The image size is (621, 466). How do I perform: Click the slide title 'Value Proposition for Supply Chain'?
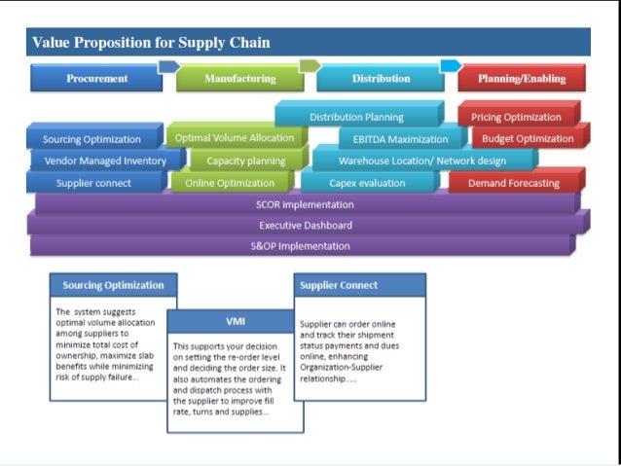(x=151, y=43)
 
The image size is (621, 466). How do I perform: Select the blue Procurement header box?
(x=96, y=79)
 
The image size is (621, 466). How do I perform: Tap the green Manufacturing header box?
(x=239, y=79)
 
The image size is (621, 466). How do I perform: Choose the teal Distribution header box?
(x=381, y=79)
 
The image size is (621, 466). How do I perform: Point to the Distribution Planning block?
(x=356, y=117)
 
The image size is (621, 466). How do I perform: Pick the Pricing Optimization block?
(x=516, y=117)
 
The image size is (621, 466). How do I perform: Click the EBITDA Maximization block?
(x=393, y=139)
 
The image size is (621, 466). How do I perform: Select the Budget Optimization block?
(x=529, y=138)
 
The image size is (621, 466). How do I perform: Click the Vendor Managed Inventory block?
(x=105, y=161)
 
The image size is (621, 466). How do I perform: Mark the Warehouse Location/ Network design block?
(x=421, y=161)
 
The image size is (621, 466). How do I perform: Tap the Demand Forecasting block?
(x=513, y=183)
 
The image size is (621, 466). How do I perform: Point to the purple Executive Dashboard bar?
(x=305, y=226)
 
